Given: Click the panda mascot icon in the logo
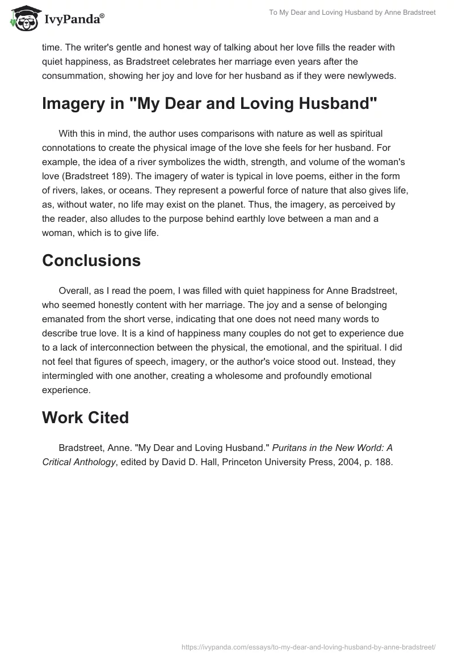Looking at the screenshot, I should [23, 19].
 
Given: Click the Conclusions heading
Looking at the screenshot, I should [91, 260].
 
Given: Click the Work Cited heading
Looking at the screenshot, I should [86, 417].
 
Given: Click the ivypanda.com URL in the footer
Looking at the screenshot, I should [308, 646].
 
